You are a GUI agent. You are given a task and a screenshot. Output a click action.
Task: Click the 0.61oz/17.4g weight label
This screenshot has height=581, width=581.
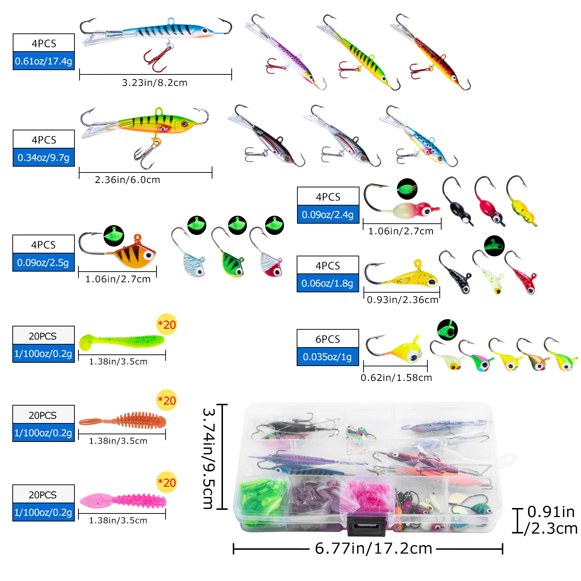pyautogui.click(x=44, y=61)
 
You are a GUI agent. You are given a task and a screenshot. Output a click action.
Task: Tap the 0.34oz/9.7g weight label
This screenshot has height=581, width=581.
pyautogui.click(x=44, y=157)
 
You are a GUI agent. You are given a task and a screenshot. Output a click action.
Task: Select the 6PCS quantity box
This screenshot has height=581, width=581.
pyautogui.click(x=328, y=339)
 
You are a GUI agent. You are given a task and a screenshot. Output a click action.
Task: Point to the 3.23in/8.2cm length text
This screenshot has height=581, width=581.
pyautogui.click(x=155, y=83)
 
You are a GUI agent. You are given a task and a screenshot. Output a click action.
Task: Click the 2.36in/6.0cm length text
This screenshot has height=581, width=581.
pyautogui.click(x=127, y=180)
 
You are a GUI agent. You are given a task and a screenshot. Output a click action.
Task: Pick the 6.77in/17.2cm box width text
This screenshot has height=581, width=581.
pyautogui.click(x=374, y=548)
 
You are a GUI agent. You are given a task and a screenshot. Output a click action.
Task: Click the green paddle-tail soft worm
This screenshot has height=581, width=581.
pyautogui.click(x=121, y=342)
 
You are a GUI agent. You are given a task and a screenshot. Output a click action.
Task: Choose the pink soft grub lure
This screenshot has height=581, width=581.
pyautogui.click(x=123, y=501)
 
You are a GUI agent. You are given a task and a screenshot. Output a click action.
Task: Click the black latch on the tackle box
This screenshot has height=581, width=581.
pyautogui.click(x=366, y=525)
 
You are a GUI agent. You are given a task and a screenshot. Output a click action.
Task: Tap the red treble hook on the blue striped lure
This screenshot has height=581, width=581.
pyautogui.click(x=157, y=58)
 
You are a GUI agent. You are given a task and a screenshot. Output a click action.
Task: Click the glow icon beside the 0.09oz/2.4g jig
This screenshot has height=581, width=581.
pyautogui.click(x=407, y=189)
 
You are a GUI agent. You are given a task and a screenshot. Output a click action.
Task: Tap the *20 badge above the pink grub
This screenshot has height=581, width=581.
pyautogui.click(x=167, y=483)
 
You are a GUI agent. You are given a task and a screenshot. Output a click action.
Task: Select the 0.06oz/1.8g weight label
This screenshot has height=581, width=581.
pyautogui.click(x=328, y=283)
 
